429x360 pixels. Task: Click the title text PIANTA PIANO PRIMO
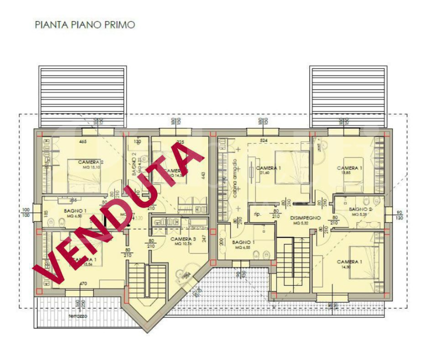[x=84, y=24]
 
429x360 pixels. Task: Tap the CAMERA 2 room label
[x=90, y=162]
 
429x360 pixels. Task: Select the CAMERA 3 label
[x=183, y=239]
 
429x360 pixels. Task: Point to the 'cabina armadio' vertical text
[x=235, y=179]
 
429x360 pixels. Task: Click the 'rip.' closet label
[x=258, y=213]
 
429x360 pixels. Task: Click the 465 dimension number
[x=83, y=142]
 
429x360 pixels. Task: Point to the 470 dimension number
[x=83, y=284]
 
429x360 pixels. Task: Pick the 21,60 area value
[x=264, y=172]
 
